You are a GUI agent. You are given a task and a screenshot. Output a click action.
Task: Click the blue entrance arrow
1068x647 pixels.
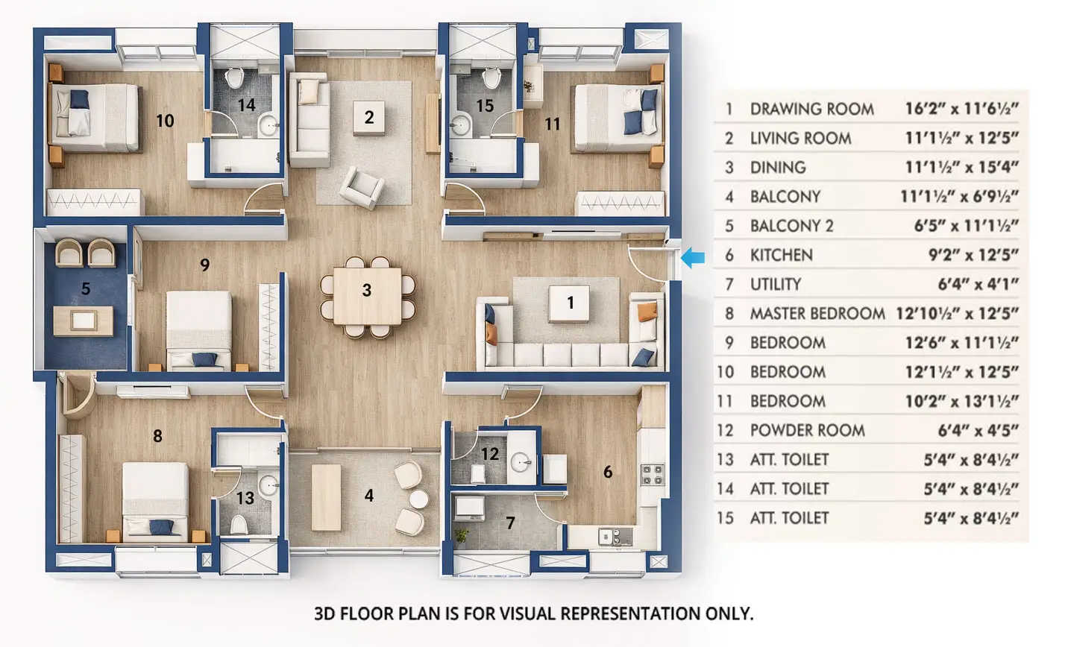coord(694,258)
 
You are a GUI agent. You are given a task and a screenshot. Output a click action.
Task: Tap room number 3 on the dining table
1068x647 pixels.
coord(367,290)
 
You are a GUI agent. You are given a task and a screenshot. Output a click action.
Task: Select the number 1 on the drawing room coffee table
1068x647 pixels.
coord(571,303)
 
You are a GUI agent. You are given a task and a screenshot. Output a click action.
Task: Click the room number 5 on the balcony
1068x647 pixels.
coord(86,288)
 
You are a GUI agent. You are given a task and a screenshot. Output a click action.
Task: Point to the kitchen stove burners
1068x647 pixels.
coord(653,474)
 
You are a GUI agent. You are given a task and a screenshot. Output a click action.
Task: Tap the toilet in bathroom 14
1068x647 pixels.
coord(235,78)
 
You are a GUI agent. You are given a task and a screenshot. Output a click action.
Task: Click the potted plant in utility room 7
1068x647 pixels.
coord(462,534)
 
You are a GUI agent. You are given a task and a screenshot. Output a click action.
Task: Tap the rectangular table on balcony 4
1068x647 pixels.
coord(326,497)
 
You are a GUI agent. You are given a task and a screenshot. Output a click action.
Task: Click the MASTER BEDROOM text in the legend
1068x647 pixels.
coord(817,314)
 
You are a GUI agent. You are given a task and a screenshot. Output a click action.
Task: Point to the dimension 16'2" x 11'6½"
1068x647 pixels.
coord(961,109)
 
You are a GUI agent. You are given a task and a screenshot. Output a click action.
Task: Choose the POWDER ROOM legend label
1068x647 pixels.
coord(807,431)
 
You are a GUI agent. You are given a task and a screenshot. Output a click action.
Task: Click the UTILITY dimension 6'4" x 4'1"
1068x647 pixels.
coord(978,285)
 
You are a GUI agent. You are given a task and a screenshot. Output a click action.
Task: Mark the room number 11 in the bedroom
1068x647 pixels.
coord(552,124)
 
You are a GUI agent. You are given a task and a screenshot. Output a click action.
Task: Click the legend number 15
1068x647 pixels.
coord(725,518)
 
